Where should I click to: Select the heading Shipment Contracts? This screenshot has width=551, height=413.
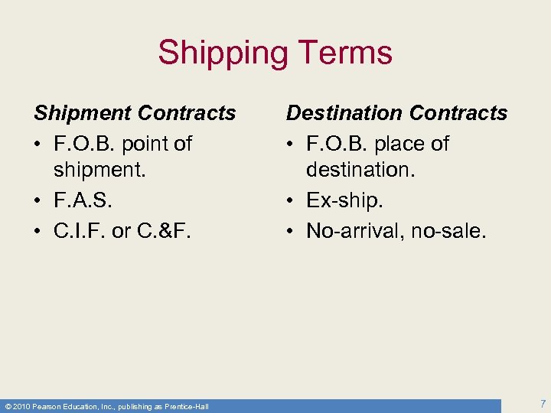[x=135, y=113]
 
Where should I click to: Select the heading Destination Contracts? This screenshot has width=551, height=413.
[x=396, y=113]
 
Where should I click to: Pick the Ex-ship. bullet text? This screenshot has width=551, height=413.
[x=344, y=201]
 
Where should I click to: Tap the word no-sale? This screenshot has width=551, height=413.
[x=450, y=231]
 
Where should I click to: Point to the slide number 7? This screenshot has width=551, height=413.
[x=542, y=403]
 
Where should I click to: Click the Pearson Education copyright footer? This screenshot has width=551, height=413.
[x=106, y=406]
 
